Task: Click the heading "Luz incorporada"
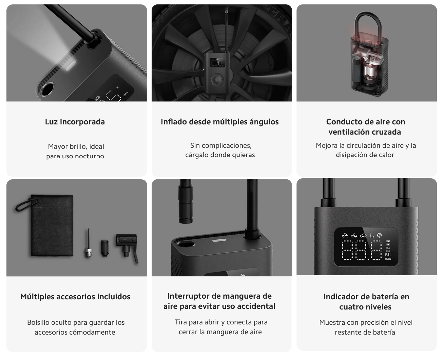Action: coord(75,122)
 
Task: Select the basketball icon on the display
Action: coord(380,235)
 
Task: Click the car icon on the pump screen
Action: coord(363,235)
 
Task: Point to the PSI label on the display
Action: coord(388,254)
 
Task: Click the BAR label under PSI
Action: coord(388,259)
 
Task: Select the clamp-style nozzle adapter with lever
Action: coord(128,245)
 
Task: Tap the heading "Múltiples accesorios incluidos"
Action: coord(75,297)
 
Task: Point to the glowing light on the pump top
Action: coord(71,66)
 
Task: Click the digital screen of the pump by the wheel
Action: coord(217,63)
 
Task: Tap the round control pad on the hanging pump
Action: coord(217,80)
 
